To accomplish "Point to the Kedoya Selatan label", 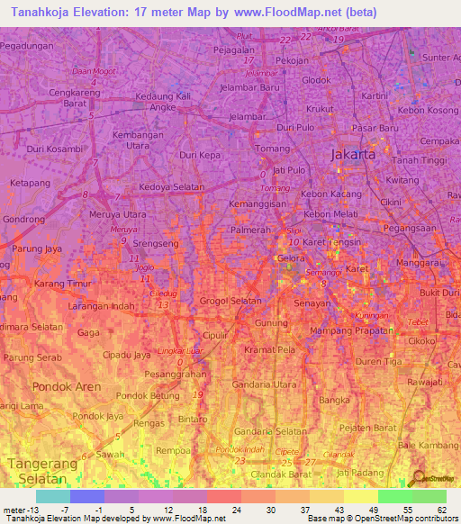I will [172, 187].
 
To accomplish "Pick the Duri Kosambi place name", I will [55, 149].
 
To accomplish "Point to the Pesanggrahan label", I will [176, 373].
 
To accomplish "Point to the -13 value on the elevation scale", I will [26, 510].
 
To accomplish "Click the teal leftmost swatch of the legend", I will [53, 496].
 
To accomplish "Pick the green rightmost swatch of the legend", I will [429, 496].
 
